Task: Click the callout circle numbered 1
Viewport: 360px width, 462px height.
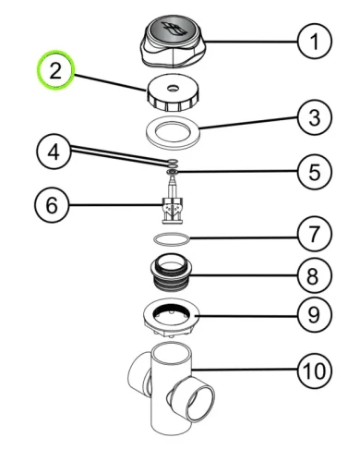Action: [x=315, y=42]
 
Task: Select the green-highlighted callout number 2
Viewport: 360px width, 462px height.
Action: [x=55, y=70]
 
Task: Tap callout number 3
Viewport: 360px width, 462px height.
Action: [x=315, y=117]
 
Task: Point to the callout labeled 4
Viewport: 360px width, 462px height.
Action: [x=54, y=152]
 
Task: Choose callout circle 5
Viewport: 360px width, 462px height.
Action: [x=315, y=172]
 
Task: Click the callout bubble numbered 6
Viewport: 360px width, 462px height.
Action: [x=52, y=205]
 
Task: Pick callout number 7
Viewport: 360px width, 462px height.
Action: [x=315, y=234]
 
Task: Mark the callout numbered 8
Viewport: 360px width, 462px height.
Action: [x=315, y=275]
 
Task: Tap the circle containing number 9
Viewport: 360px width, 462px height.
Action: [x=315, y=315]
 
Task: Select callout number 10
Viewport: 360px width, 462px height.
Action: [x=315, y=371]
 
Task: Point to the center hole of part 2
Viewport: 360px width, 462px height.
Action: [x=173, y=89]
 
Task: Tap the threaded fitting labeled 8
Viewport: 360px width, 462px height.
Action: [x=171, y=273]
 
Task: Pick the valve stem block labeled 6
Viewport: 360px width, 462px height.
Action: [x=174, y=209]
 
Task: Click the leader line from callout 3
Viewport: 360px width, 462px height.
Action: [x=248, y=122]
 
